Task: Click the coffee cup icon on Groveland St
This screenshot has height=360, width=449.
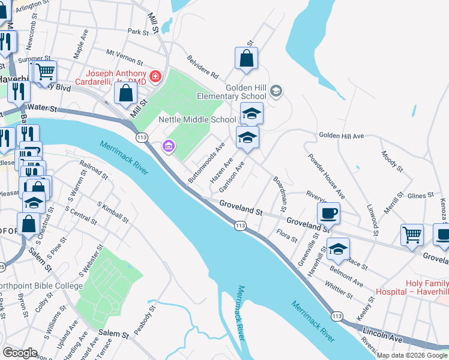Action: coord(328,213)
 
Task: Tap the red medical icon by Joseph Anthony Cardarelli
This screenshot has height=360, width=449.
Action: coord(155,76)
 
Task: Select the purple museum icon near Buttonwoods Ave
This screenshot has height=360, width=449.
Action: coord(167,146)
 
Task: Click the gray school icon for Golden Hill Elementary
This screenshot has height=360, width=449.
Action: coord(276,91)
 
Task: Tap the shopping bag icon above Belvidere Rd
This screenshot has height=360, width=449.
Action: coord(246,59)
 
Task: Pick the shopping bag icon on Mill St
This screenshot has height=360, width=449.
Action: coord(125,93)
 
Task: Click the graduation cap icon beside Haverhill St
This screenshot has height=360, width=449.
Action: coord(338,248)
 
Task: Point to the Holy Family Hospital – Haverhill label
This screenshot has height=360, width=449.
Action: coord(411,286)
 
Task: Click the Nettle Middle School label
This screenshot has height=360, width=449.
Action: coord(197,119)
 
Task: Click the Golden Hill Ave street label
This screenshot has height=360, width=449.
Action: coord(342,136)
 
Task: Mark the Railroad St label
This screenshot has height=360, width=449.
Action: coord(94,170)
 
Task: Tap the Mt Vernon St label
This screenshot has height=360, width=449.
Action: coord(125,58)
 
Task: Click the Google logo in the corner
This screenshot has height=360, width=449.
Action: coord(20,352)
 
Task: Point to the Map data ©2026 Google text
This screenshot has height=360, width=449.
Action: coord(412,355)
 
